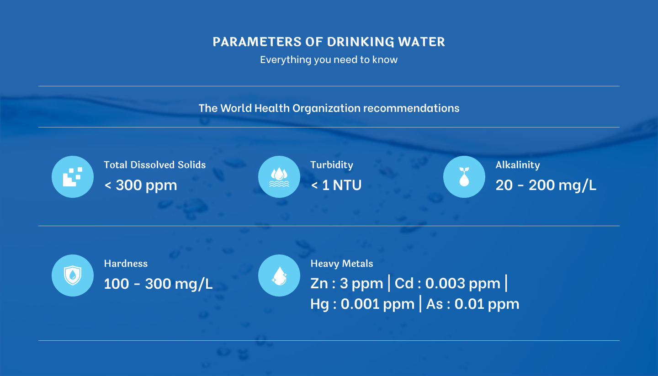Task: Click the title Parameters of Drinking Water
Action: point(329,42)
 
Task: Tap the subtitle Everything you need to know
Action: point(329,59)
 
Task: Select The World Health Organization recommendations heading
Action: point(329,108)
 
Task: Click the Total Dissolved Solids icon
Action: point(73,177)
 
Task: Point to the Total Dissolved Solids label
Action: point(155,165)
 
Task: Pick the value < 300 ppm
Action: point(141,185)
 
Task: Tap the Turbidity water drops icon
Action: point(279,177)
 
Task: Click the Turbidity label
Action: point(332,165)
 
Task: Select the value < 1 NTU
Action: point(336,185)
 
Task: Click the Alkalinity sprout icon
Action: point(464,177)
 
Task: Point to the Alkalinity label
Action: point(518,165)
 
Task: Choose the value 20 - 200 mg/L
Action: point(546,185)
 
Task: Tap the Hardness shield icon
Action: point(73,275)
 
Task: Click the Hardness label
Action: point(126,264)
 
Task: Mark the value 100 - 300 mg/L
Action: point(159,284)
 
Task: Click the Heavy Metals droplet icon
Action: point(279,275)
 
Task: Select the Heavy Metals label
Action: point(342,264)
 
